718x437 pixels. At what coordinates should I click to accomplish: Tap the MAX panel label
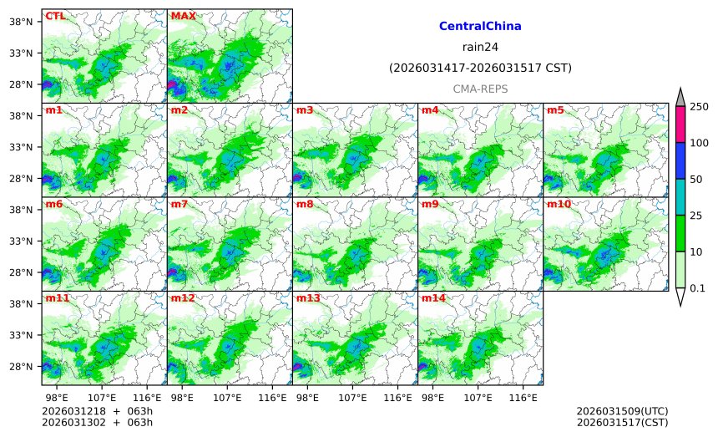(183, 16)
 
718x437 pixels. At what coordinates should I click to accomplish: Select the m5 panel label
(555, 110)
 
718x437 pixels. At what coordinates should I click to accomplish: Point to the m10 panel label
(559, 204)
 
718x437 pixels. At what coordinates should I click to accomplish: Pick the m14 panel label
(432, 298)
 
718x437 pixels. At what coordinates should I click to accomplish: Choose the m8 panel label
(305, 204)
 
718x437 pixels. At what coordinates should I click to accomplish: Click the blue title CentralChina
(480, 27)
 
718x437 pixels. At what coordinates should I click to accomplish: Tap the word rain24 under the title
(480, 47)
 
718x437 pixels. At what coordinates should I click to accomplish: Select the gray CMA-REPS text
(480, 89)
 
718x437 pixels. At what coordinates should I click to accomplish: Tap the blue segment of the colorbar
(680, 160)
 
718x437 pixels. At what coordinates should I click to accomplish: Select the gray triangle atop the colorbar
(680, 97)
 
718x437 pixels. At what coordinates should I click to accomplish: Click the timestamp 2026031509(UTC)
(622, 412)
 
